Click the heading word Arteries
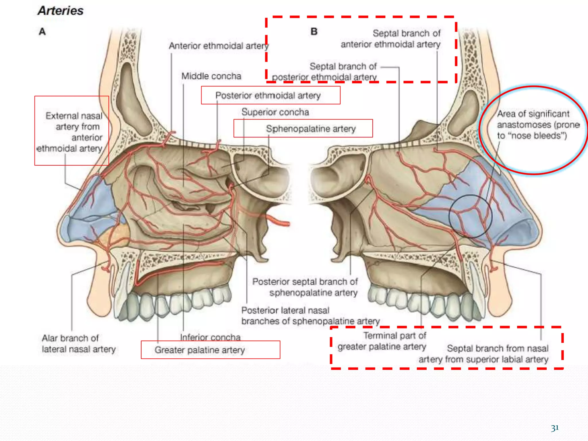tap(61, 11)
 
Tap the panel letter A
tap(42, 31)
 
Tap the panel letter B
tap(314, 31)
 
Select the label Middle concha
tap(211, 76)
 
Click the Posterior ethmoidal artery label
tap(268, 95)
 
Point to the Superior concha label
tap(275, 112)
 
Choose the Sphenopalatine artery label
tap(311, 129)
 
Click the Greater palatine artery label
tap(200, 350)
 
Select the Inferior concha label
tap(210, 337)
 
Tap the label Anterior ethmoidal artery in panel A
tap(218, 46)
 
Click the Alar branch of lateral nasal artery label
tap(78, 344)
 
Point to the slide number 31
tap(555, 428)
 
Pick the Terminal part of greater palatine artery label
tap(382, 341)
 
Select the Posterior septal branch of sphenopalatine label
tap(305, 287)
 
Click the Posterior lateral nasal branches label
tap(310, 316)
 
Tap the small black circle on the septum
tap(471, 216)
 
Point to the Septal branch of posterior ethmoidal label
tap(325, 72)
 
